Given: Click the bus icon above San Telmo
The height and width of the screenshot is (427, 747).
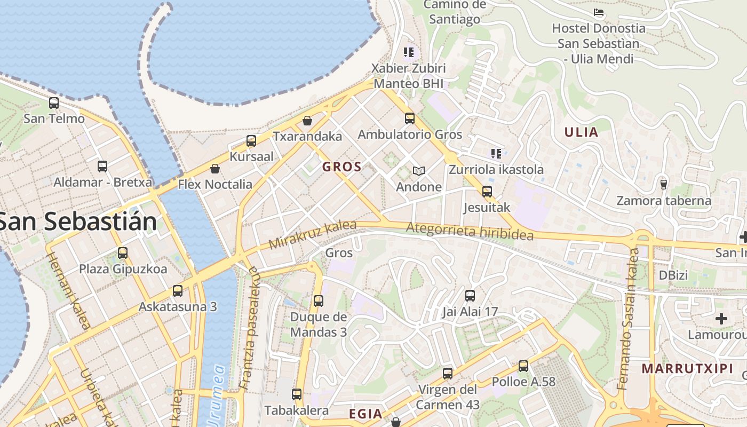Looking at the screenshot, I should tap(54, 102).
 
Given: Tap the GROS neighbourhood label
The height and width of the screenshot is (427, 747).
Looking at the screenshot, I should tap(342, 167).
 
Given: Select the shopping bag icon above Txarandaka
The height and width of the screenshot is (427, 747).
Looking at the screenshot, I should tap(307, 121).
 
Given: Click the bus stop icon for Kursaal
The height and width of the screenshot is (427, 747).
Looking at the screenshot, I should tap(251, 141).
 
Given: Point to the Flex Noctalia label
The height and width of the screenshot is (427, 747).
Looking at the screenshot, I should tap(215, 185).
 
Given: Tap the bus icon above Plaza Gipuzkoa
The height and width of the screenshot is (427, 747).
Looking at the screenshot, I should tap(123, 252).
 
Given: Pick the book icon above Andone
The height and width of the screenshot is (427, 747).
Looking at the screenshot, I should tap(419, 171).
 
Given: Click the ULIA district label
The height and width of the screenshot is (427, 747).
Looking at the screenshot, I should tap(581, 132).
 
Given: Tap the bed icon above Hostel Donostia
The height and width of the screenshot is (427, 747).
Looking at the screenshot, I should tap(599, 12).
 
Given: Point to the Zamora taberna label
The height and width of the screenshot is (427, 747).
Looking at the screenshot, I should tap(664, 201).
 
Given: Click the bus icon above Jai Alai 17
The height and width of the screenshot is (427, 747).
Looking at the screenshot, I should tap(470, 295).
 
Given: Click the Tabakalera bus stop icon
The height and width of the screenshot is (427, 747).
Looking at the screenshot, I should tap(297, 394).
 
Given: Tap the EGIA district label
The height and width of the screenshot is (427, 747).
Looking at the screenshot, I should tap(365, 414).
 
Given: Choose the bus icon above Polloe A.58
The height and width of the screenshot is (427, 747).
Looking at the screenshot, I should tap(523, 366).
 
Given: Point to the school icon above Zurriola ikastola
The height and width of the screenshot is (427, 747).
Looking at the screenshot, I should tap(496, 154).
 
